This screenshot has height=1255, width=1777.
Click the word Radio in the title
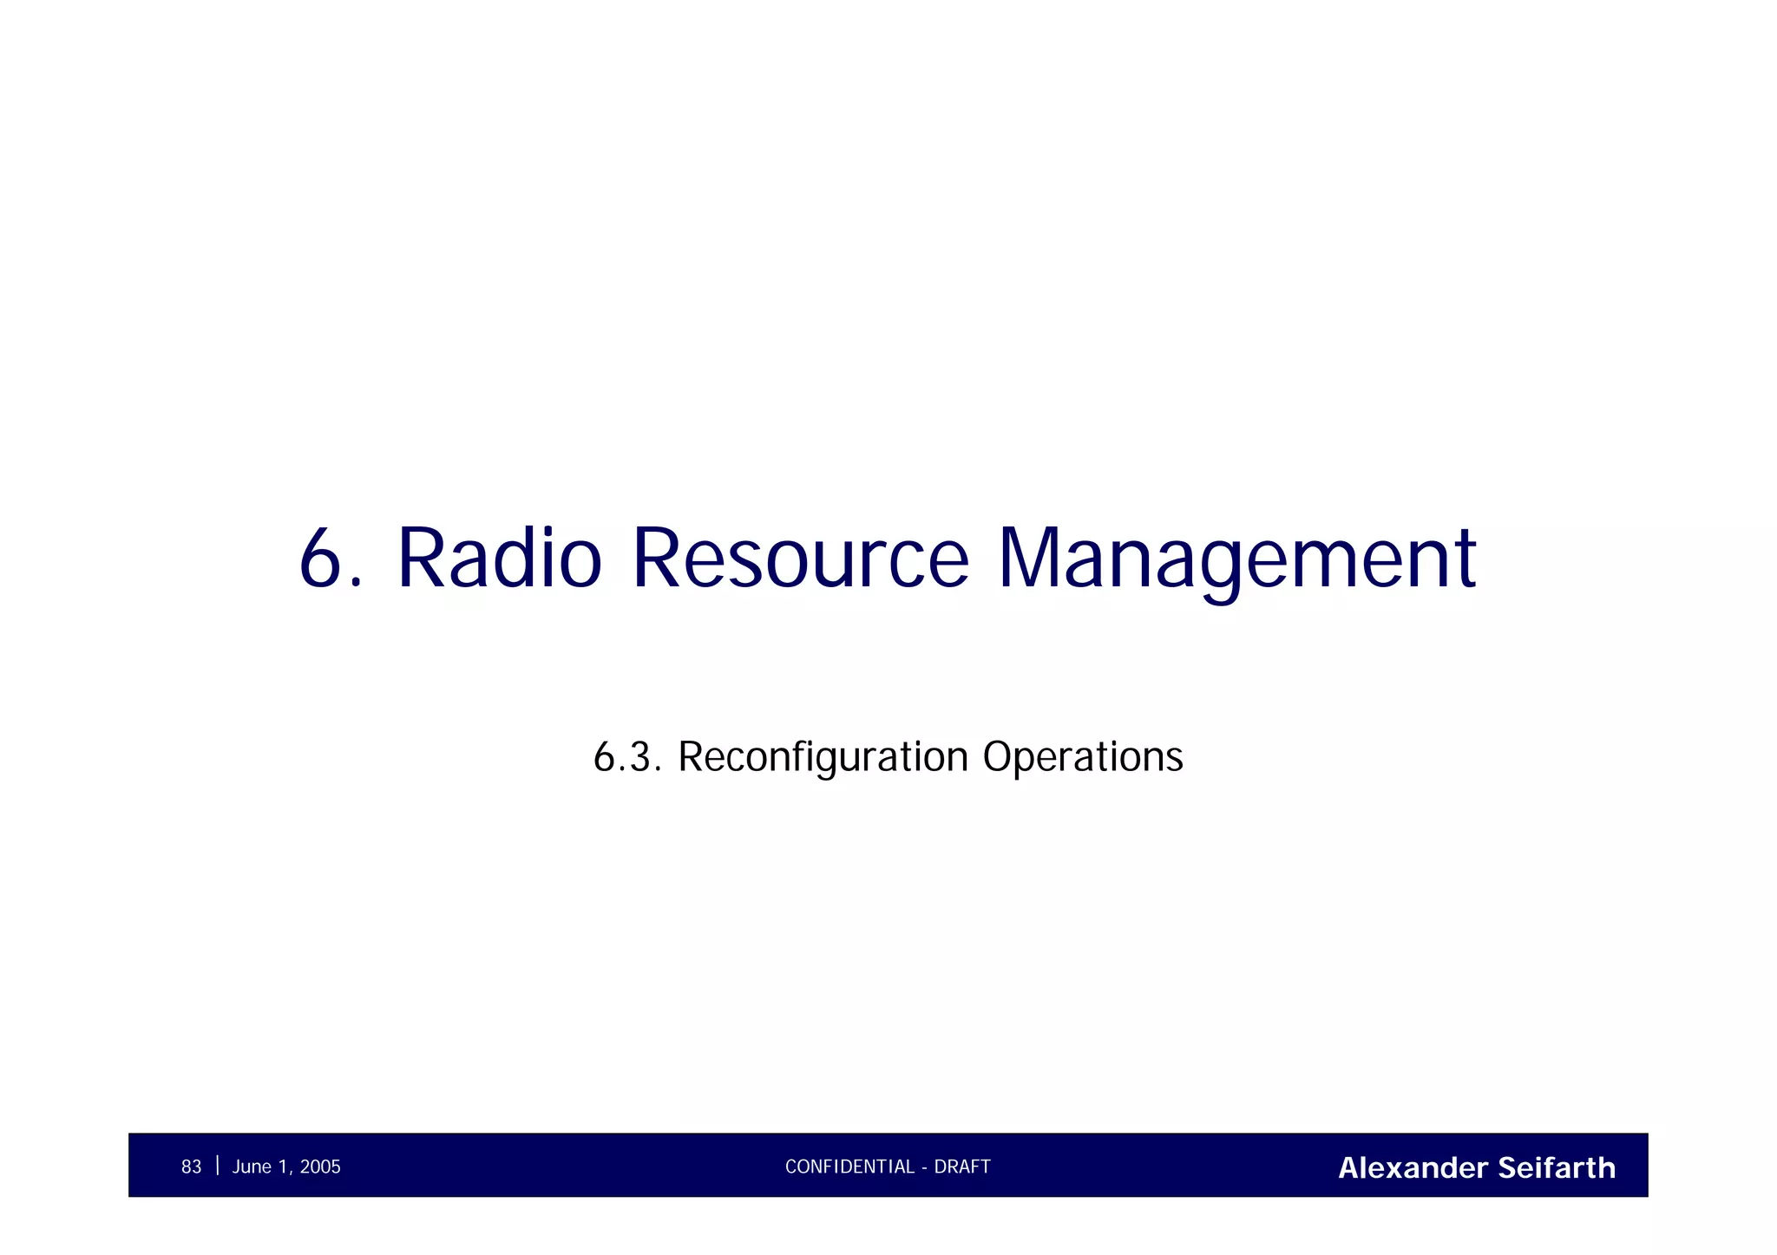point(499,559)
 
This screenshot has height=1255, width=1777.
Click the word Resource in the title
point(800,559)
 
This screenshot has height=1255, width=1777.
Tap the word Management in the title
point(1236,559)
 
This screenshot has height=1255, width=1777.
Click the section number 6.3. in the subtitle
point(627,757)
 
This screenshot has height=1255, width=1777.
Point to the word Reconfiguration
point(823,757)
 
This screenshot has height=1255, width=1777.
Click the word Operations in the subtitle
point(1082,757)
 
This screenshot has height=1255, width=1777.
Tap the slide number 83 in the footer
point(191,1167)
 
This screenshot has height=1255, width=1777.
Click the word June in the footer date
point(252,1167)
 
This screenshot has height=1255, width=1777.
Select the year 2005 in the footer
point(320,1167)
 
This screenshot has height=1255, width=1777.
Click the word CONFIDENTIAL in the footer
point(849,1167)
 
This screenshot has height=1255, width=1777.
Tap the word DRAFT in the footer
point(962,1167)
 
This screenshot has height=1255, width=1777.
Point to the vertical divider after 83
point(217,1166)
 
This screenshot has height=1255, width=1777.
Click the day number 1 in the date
point(282,1167)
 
